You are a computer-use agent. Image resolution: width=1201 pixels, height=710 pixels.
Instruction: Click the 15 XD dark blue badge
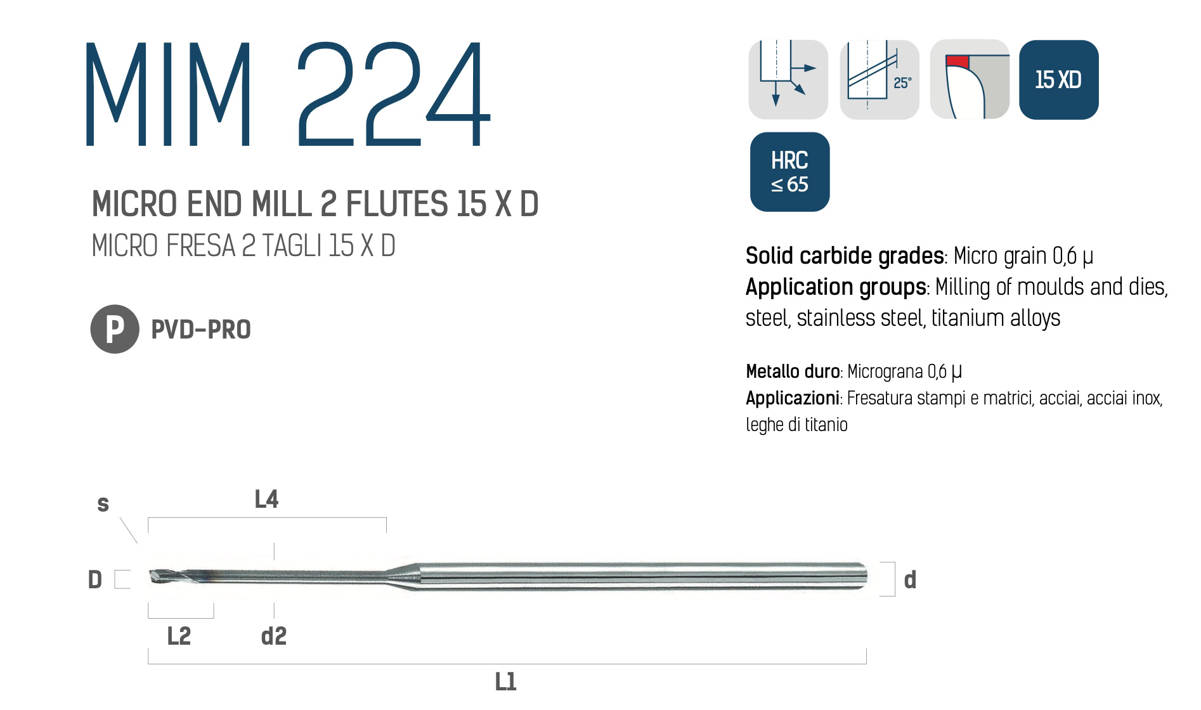(x=1058, y=80)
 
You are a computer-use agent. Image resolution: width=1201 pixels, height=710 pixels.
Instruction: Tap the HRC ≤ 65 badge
(x=789, y=172)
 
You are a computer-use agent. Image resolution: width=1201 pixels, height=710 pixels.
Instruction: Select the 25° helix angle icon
(x=880, y=80)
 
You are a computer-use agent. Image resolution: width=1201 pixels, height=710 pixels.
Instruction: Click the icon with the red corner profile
(x=970, y=80)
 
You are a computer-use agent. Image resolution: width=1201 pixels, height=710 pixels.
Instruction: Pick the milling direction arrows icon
(x=788, y=80)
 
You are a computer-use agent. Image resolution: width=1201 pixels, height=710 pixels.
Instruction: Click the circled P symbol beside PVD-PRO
(x=115, y=329)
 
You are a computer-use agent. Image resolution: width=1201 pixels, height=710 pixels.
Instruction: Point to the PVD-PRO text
(x=201, y=330)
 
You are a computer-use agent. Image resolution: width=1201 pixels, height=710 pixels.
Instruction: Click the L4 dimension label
(x=266, y=500)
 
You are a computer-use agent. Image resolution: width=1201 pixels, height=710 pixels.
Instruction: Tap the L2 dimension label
(x=179, y=636)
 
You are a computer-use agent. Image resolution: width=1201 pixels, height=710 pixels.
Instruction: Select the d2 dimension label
(x=274, y=636)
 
